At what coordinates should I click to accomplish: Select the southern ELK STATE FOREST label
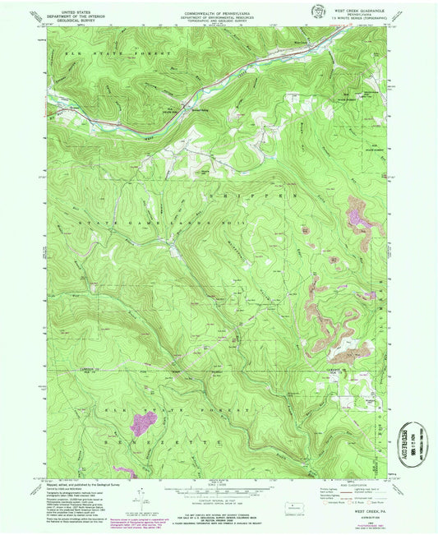pos(177,408)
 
